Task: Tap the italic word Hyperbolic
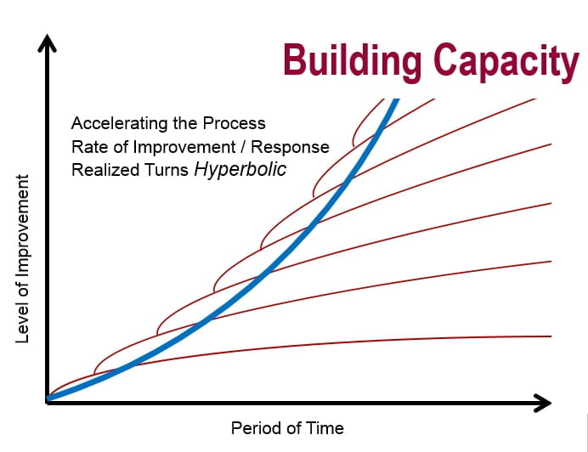(240, 169)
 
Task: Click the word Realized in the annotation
(102, 170)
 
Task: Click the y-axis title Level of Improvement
(23, 259)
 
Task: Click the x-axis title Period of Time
(287, 428)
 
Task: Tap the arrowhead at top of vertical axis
(48, 43)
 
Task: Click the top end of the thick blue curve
(395, 99)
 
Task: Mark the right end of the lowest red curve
(552, 336)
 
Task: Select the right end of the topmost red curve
(535, 99)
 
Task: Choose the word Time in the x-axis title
(327, 428)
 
